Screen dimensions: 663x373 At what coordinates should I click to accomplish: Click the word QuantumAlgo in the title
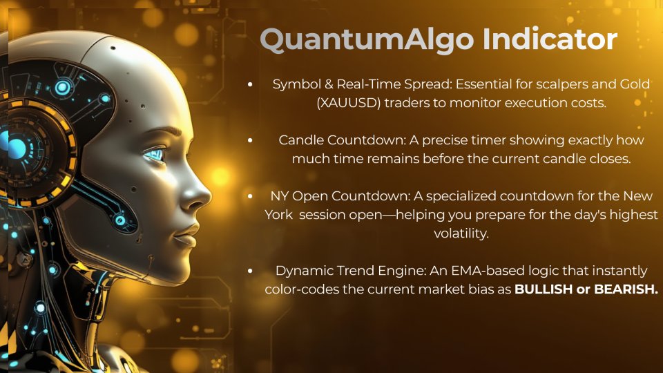tap(367, 40)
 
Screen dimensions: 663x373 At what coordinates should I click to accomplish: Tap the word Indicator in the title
tap(550, 39)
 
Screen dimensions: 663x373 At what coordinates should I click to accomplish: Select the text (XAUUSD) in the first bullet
tap(349, 103)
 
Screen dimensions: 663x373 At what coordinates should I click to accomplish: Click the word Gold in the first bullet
tap(635, 84)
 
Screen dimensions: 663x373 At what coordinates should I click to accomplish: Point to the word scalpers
tap(562, 84)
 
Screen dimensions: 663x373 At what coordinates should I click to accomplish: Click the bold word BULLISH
tap(544, 289)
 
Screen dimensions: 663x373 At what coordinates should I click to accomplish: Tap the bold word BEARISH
tap(626, 289)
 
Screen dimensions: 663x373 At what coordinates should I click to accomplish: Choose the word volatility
tap(461, 233)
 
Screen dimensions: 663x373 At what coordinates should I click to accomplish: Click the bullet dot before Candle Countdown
tap(250, 140)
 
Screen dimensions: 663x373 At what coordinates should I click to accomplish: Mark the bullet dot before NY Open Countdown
tap(250, 195)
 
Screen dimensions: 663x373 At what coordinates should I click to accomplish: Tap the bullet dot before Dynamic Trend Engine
tap(250, 271)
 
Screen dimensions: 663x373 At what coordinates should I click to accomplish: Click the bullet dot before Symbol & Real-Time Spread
tap(250, 84)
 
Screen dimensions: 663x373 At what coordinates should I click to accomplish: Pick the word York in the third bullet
tap(278, 215)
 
